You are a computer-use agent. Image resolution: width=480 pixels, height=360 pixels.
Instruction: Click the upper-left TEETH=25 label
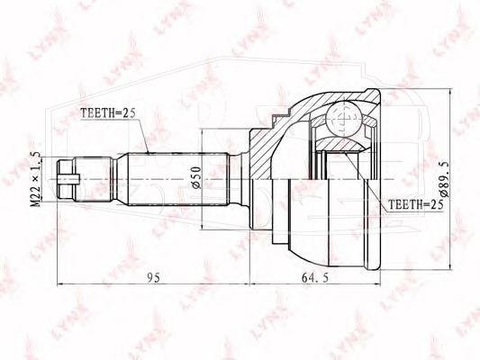(107, 113)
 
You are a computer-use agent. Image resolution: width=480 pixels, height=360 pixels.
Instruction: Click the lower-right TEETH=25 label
(416, 204)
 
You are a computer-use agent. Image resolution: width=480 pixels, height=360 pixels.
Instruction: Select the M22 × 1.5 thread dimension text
(36, 179)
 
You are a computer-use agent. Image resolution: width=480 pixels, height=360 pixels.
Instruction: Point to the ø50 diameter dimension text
(197, 177)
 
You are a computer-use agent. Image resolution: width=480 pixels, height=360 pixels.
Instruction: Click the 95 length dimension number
(153, 278)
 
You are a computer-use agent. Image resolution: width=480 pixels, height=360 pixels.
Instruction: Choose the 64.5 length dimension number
(315, 278)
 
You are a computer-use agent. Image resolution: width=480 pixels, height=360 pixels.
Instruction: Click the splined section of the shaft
(178, 179)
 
